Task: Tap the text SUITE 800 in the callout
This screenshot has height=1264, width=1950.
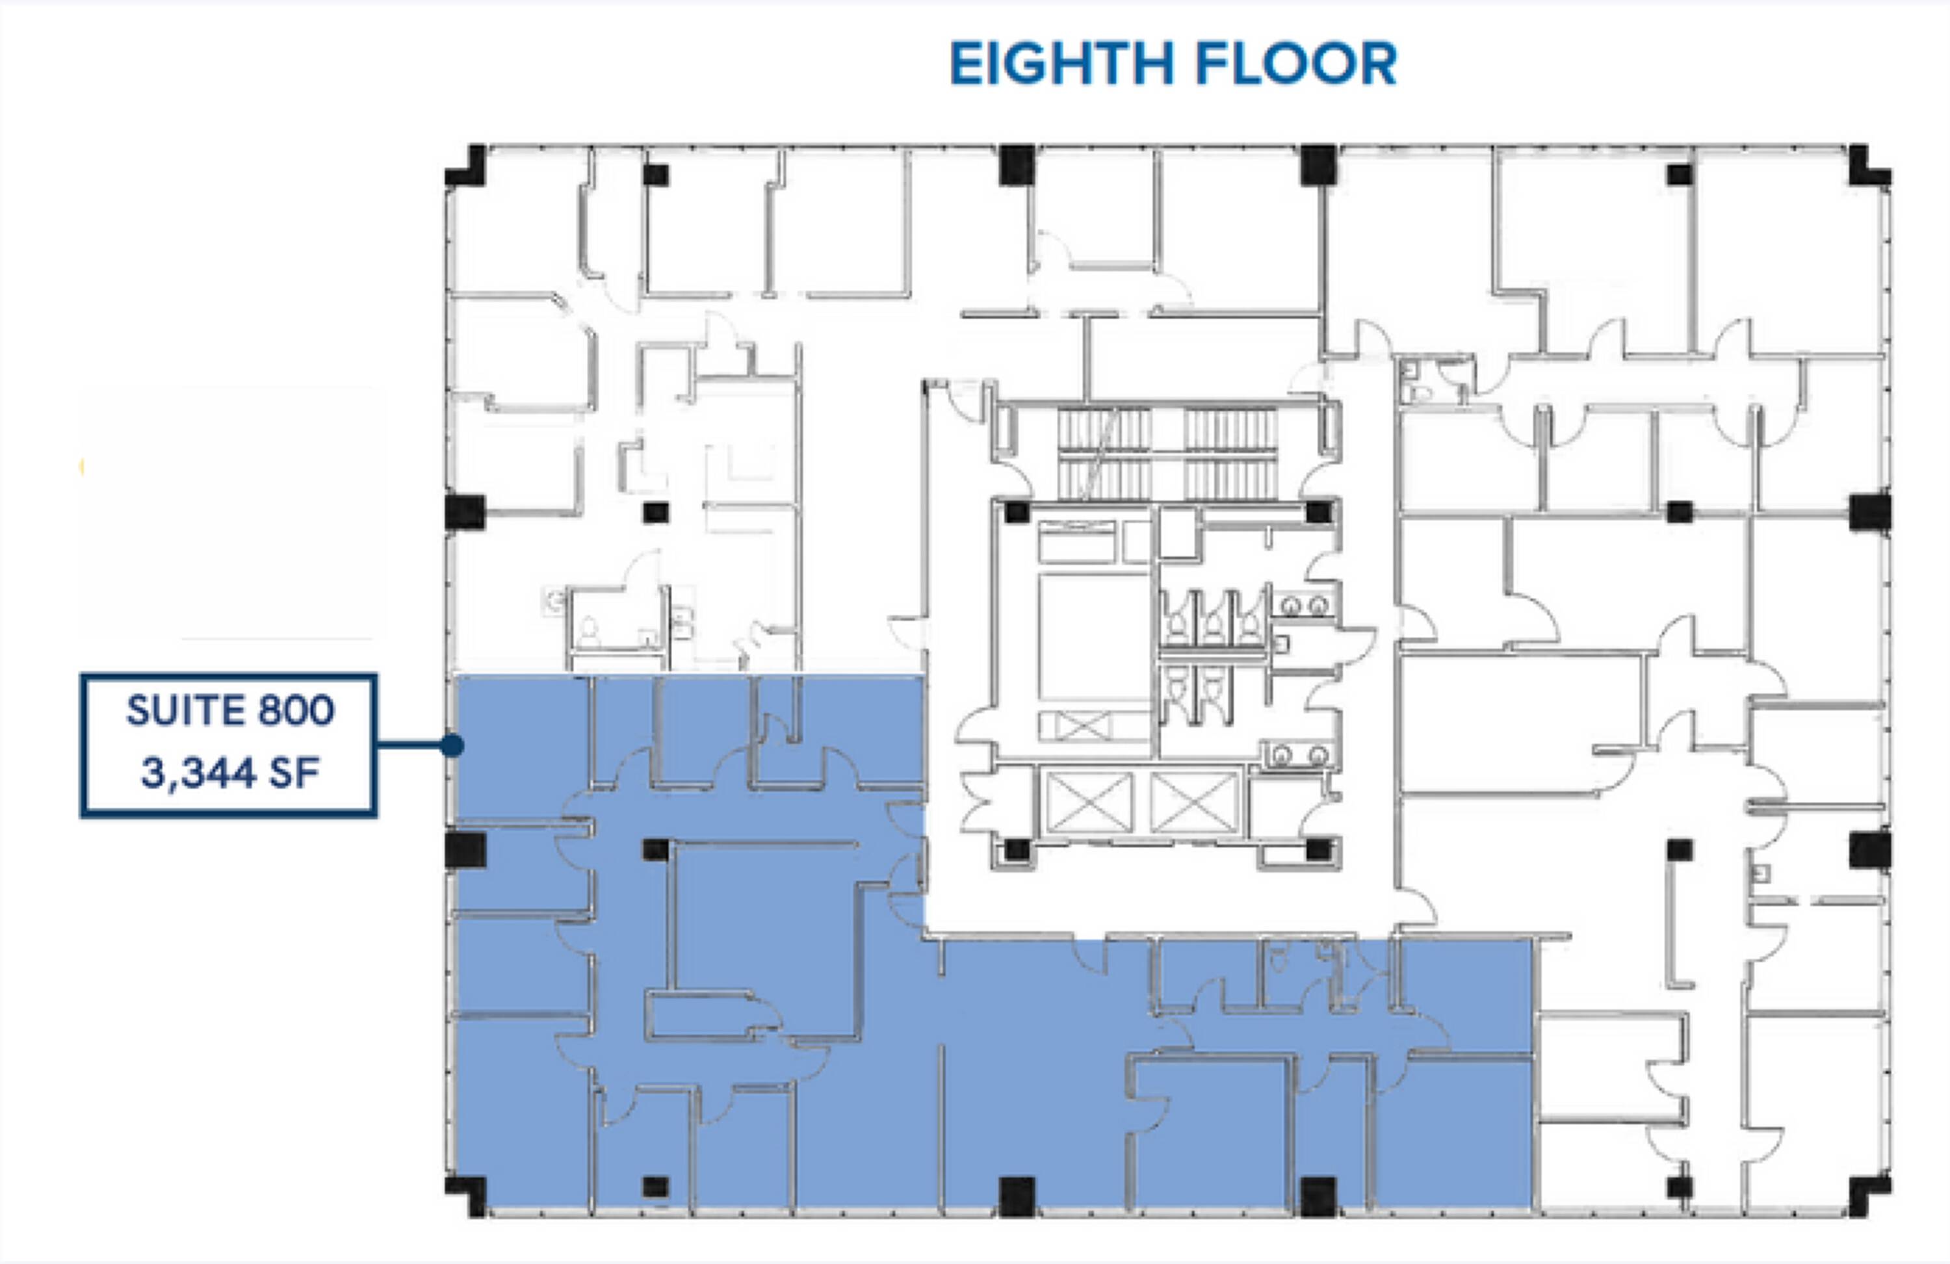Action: [230, 710]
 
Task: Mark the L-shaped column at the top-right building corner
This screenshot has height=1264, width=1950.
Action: [1869, 167]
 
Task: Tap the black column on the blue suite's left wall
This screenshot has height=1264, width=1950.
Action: [465, 849]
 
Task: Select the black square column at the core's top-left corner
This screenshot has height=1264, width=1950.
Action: [1017, 513]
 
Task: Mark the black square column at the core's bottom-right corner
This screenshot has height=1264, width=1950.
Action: [1318, 849]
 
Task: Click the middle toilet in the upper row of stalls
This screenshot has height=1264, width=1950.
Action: [1212, 625]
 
